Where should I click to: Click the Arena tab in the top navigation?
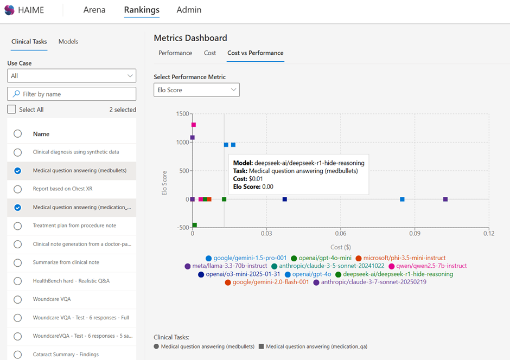coord(94,10)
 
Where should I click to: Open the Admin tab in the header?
coord(189,10)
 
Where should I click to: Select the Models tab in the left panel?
coord(68,42)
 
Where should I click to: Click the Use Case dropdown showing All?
coord(72,76)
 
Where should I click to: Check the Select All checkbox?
coord(11,110)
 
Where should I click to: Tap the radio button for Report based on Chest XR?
coord(18,189)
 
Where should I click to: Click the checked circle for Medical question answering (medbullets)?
coord(18,171)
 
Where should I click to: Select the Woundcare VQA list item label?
coord(52,299)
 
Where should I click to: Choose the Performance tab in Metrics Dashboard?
coord(175,53)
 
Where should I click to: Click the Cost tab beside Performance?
coord(210,53)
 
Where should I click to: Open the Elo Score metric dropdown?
coord(196,90)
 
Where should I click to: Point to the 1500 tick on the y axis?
coord(182,114)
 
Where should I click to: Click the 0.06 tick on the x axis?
coord(341,233)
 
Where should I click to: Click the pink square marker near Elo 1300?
coord(194,125)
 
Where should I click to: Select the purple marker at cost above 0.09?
coord(445,200)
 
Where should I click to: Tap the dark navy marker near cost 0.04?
coord(285,200)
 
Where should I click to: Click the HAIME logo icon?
coord(9,10)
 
